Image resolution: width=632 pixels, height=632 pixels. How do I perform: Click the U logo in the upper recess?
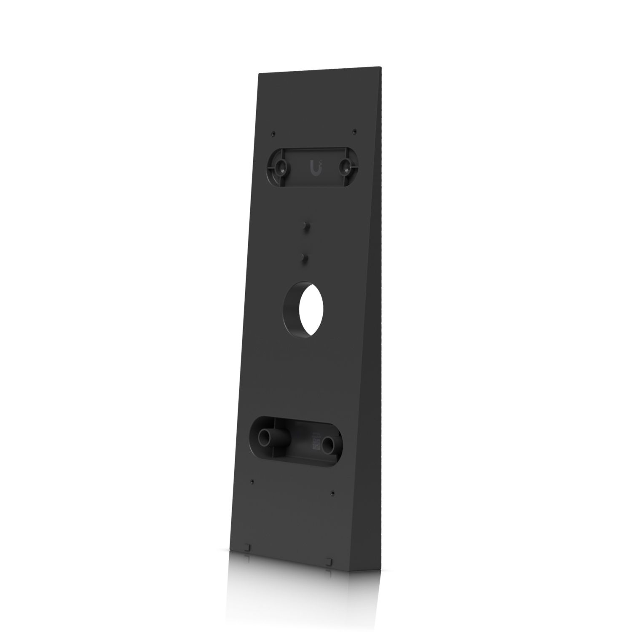[314, 167]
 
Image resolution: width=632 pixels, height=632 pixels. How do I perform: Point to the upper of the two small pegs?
[304, 226]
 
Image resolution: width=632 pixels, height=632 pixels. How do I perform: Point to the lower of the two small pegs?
[303, 257]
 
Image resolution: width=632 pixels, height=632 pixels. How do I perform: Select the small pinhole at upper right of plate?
[354, 131]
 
